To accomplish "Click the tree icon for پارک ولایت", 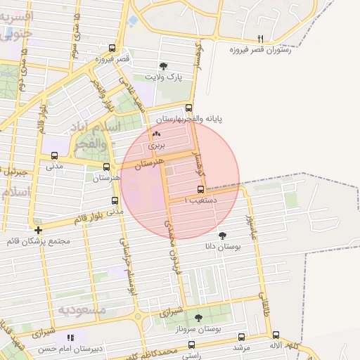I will (x=164, y=65).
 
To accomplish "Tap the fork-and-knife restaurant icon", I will (x=261, y=39).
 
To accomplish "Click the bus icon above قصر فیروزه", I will (x=112, y=49).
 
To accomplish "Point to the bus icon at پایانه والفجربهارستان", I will (x=188, y=108).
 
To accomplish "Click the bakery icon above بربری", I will (x=156, y=133).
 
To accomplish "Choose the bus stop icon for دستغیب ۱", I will (x=201, y=189).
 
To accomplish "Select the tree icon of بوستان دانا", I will (x=223, y=236).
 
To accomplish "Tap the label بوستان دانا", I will (x=223, y=247).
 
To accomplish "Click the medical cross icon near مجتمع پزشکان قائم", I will (x=38, y=230).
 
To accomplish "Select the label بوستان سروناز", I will (x=198, y=329).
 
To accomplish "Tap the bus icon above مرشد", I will (x=242, y=337).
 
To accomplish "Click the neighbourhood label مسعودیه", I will (x=82, y=309).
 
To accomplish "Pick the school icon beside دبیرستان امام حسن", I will (x=70, y=337).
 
